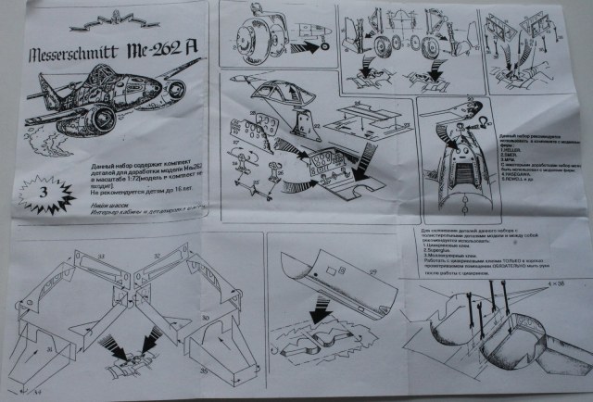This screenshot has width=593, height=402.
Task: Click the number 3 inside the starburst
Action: pyautogui.click(x=40, y=190)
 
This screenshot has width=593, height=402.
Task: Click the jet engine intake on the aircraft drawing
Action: pyautogui.click(x=99, y=114)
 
